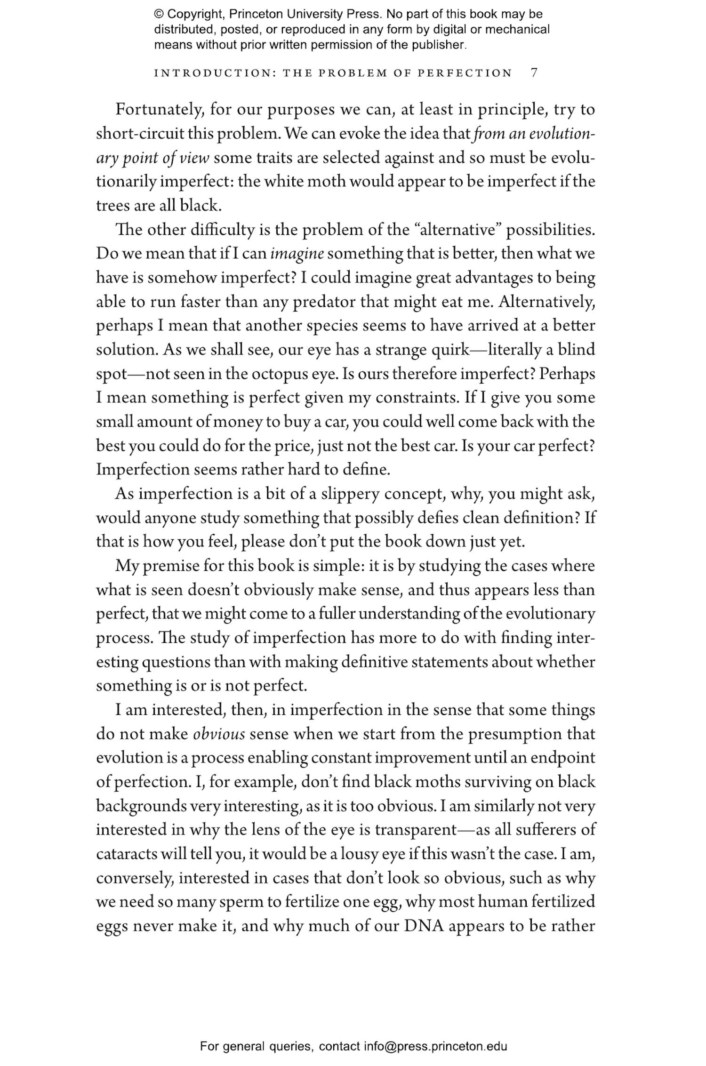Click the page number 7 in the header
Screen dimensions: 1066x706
[534, 73]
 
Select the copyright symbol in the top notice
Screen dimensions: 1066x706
[159, 14]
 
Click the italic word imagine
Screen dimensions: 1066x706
[297, 254]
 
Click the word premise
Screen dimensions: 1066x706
[171, 566]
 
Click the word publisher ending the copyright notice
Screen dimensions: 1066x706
[442, 45]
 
